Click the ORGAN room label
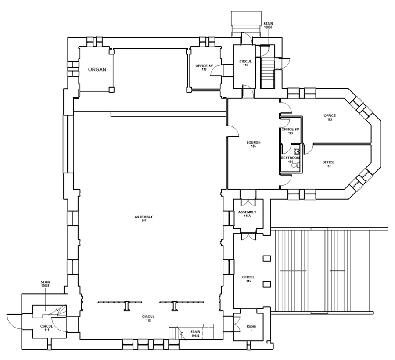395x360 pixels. pos(97,69)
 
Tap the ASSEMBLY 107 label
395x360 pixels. pos(144,219)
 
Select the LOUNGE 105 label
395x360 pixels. pos(253,144)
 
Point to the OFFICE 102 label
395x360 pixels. pos(330,117)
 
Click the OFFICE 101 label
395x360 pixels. pos(328,164)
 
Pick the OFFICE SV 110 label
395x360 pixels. pos(204,68)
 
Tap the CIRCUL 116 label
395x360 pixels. pos(245,63)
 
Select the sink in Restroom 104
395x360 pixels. pos(297,151)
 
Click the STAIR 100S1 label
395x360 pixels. pos(45,284)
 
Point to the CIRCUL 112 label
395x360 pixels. pos(148,318)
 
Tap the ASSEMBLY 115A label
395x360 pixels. pos(248,214)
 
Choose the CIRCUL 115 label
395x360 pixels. pos(248,279)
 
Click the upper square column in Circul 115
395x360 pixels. pos(267,258)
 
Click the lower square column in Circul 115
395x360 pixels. pos(267,284)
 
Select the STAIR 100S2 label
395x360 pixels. pos(195,333)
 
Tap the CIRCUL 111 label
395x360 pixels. pos(47,328)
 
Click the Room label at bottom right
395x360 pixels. pos(251,326)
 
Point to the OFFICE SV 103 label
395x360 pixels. pos(290,131)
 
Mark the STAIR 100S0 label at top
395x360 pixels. pos(268,25)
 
